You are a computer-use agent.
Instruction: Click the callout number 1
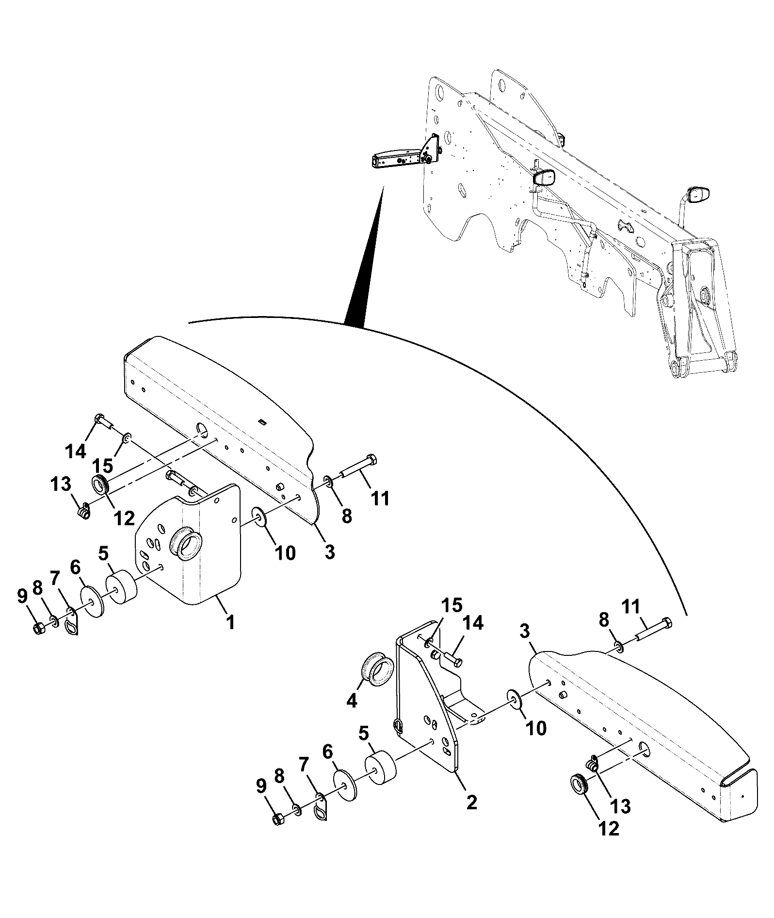point(231,622)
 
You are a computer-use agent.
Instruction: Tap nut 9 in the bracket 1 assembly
point(39,628)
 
